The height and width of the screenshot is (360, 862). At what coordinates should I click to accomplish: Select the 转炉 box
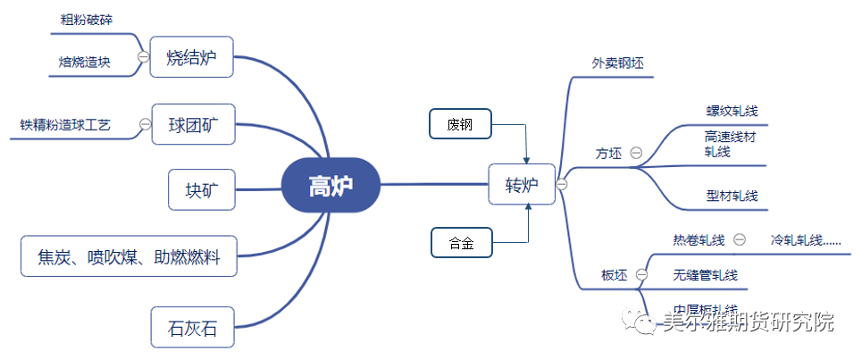[x=522, y=185]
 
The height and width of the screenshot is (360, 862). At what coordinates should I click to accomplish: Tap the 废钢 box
[x=460, y=124]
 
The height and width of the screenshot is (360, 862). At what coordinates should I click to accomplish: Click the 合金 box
[x=461, y=243]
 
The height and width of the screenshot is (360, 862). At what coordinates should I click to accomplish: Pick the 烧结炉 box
[x=191, y=57]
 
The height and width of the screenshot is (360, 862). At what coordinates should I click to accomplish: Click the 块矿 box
[x=203, y=189]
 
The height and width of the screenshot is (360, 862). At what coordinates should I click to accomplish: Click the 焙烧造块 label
[x=85, y=62]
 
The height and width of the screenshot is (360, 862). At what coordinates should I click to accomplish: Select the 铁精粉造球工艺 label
[x=65, y=125]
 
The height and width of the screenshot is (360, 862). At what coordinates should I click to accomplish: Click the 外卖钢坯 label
[x=617, y=64]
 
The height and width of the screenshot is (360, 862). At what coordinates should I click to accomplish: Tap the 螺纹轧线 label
[x=731, y=112]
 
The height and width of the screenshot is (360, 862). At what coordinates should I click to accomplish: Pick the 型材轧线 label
[x=731, y=196]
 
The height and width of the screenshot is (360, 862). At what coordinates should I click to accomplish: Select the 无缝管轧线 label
[x=706, y=275]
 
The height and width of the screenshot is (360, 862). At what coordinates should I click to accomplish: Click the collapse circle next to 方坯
[x=636, y=153]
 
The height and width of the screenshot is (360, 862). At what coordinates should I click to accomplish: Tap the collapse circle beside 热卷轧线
[x=740, y=239]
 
